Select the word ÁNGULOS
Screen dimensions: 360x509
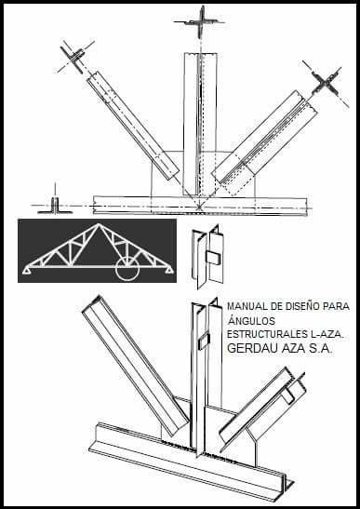[x=251, y=320]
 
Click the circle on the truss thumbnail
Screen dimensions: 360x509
[x=127, y=268]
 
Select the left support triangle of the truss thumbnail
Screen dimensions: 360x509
[x=27, y=271]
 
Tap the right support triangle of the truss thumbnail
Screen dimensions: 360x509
[x=169, y=270]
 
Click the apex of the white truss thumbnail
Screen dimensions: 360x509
[x=99, y=223]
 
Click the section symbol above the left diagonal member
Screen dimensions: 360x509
[x=75, y=57]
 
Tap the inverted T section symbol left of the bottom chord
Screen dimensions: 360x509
[x=55, y=206]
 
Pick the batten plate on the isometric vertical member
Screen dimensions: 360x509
[x=204, y=342]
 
